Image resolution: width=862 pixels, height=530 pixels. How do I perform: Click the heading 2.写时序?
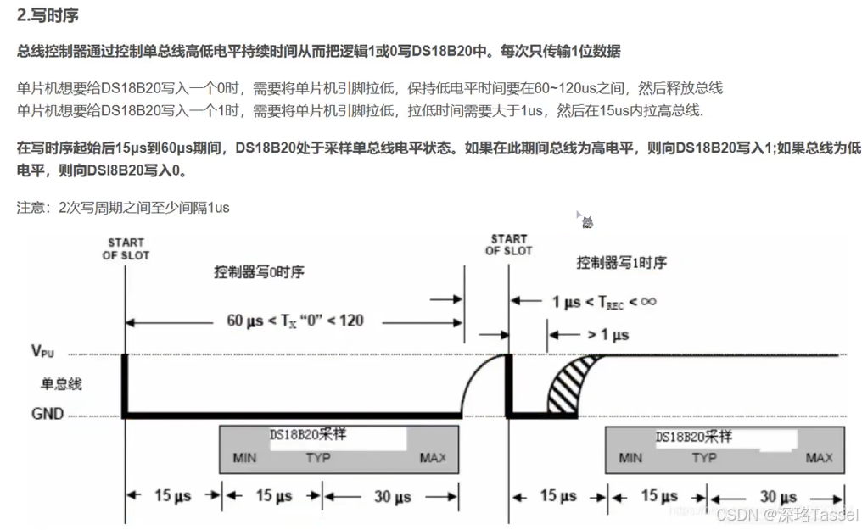[48, 14]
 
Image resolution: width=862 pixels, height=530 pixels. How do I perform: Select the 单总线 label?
[61, 384]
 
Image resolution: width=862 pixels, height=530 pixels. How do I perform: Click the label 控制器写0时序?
[259, 272]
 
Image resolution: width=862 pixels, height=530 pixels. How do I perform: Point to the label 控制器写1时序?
[621, 263]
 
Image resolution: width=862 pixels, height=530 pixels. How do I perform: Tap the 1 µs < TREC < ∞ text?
[604, 301]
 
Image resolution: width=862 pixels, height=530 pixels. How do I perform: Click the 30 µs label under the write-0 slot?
[393, 496]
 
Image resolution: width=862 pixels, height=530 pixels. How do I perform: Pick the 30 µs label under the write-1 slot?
[779, 496]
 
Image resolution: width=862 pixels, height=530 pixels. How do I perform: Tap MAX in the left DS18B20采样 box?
[433, 459]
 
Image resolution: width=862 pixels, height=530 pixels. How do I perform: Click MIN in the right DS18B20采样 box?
[630, 458]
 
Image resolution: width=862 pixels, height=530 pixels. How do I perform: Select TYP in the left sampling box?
[319, 459]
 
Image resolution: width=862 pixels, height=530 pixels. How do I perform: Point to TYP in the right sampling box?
[703, 458]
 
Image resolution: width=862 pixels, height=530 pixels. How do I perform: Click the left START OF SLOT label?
[126, 249]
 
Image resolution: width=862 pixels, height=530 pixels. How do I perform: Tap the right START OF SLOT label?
[508, 245]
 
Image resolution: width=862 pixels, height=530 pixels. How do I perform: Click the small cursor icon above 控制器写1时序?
[585, 220]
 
